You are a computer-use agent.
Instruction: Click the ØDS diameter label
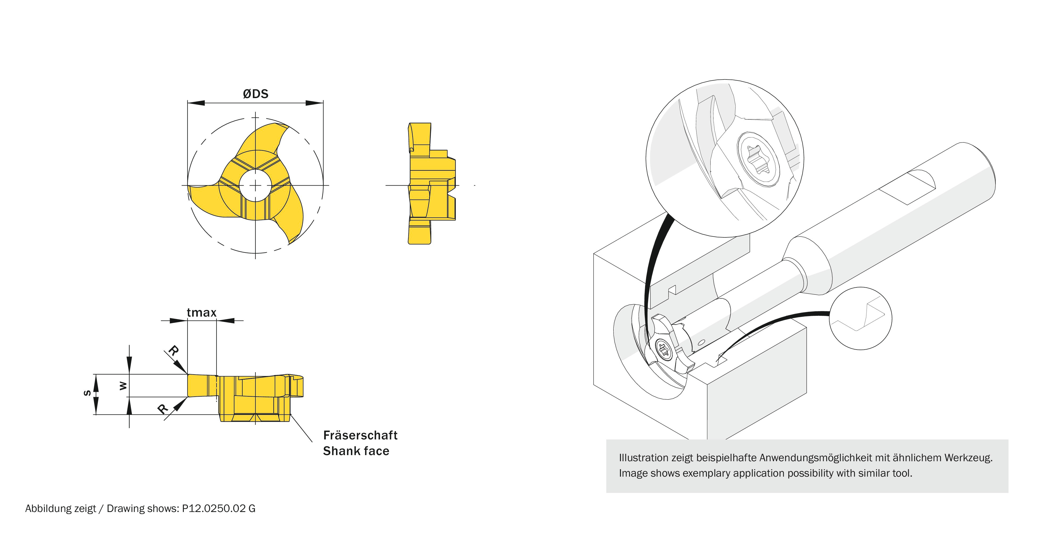tap(256, 94)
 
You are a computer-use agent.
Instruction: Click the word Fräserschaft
tap(360, 435)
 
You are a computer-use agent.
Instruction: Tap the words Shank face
tap(356, 451)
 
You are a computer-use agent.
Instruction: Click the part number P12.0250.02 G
tap(218, 509)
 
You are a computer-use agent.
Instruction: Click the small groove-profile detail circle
tap(860, 318)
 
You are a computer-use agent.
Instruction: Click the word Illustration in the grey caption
tap(644, 458)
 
